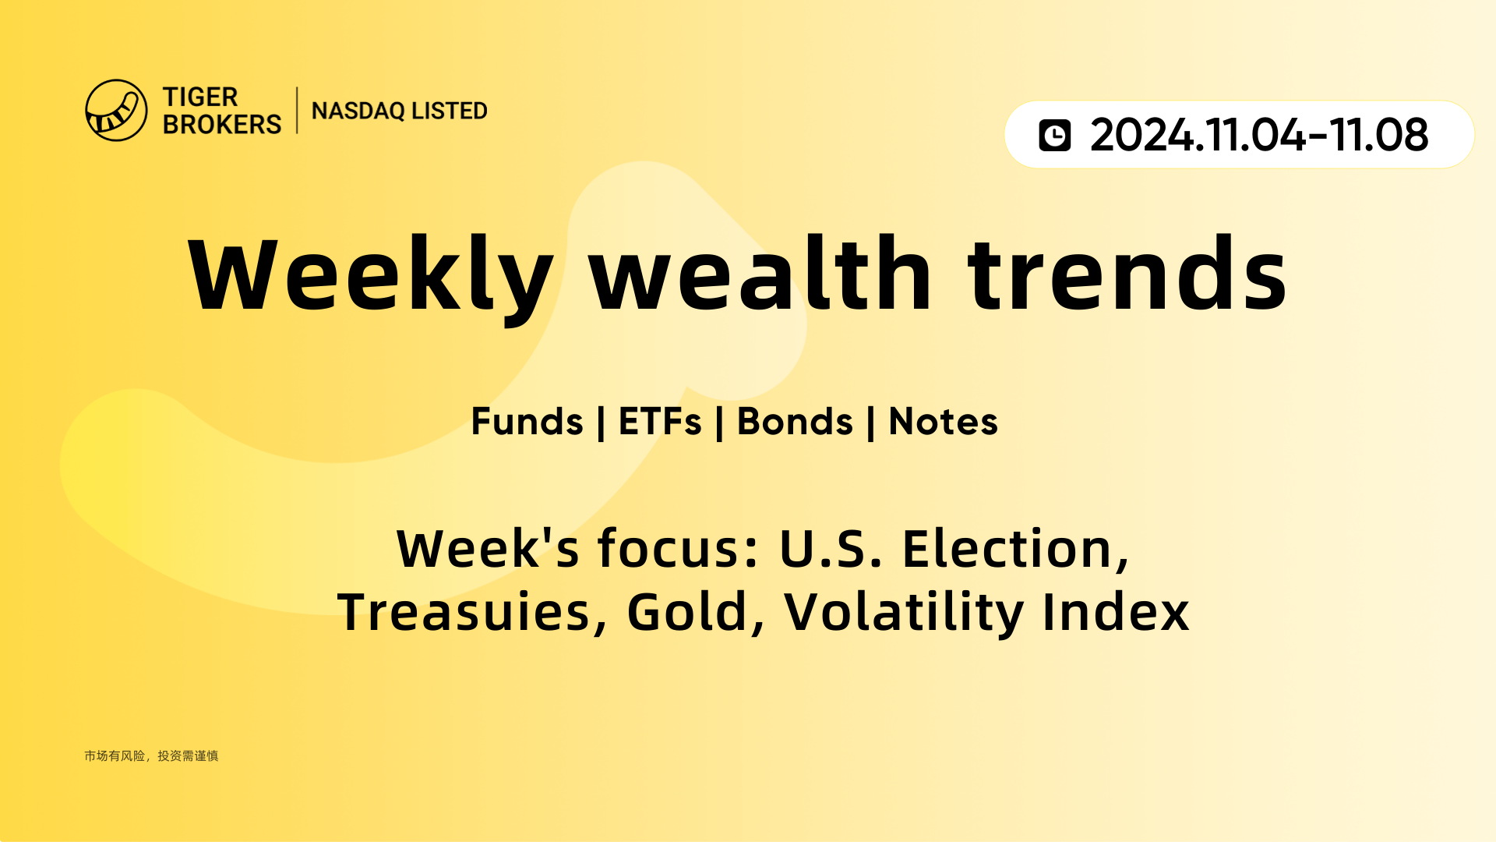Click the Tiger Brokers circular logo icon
[x=116, y=110]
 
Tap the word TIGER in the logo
[x=200, y=97]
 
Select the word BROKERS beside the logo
[x=222, y=124]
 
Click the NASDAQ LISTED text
[x=400, y=111]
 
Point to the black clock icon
[x=1055, y=135]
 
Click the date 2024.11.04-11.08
[x=1259, y=135]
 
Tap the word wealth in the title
[x=760, y=273]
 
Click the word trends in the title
[x=1127, y=273]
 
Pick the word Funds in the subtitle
[x=527, y=422]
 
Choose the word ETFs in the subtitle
[x=660, y=422]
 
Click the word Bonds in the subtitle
[x=795, y=422]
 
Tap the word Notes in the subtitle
[x=943, y=422]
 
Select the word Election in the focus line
[x=1015, y=549]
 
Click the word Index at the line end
[x=1116, y=611]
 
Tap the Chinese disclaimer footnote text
[x=151, y=756]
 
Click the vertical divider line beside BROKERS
[x=297, y=111]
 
